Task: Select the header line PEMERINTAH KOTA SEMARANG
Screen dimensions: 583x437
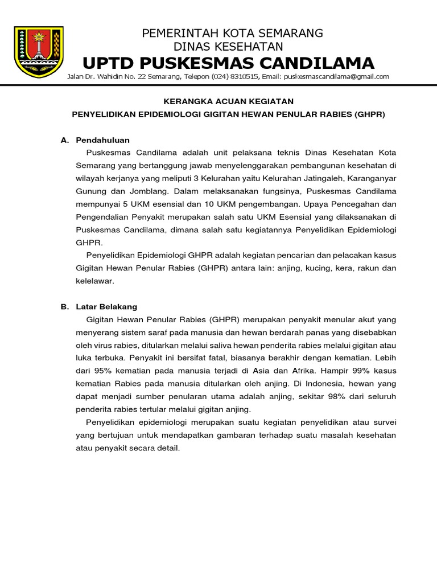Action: pos(232,33)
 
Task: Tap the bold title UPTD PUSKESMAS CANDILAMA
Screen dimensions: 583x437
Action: pos(228,63)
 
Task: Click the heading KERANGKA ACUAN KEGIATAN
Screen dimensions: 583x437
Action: pos(228,101)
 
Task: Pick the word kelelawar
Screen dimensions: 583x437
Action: pos(95,281)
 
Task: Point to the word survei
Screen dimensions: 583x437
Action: pos(383,422)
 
